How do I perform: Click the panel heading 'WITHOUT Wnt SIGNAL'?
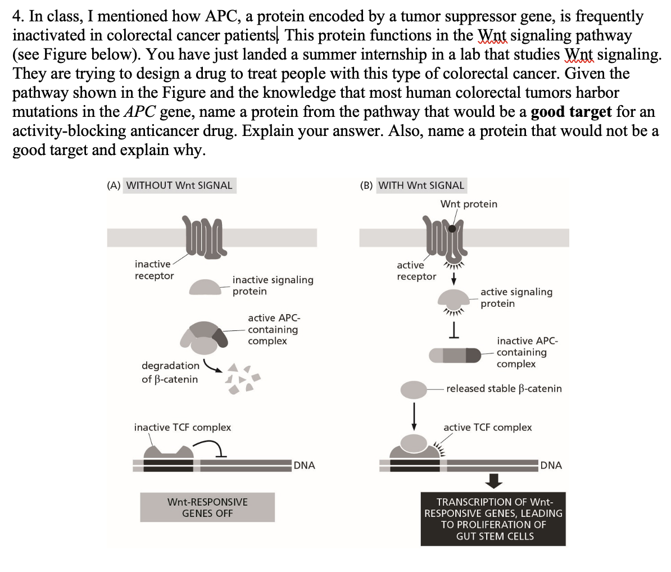click(179, 185)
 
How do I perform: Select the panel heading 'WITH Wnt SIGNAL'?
click(421, 185)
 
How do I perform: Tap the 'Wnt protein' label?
click(469, 204)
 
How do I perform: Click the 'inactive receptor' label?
click(154, 270)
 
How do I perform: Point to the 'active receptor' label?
click(416, 271)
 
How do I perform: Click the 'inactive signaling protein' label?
click(273, 285)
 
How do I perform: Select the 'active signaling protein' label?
click(516, 298)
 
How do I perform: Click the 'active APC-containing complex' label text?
click(273, 329)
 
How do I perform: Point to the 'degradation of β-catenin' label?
click(170, 373)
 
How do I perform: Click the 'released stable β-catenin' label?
click(504, 388)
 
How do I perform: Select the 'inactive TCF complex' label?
click(182, 428)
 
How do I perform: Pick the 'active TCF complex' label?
click(487, 428)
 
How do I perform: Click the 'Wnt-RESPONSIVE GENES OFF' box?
click(207, 507)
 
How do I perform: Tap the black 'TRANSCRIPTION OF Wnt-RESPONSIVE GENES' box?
click(493, 519)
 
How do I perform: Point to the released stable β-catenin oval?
click(414, 389)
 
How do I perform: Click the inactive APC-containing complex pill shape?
click(454, 355)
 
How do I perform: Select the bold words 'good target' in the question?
click(571, 111)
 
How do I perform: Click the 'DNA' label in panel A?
click(304, 465)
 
